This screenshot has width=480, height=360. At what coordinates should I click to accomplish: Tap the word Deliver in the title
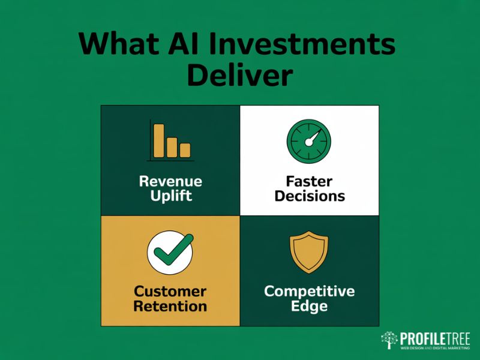pyautogui.click(x=240, y=76)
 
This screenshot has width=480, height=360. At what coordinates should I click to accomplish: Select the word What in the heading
pyautogui.click(x=118, y=45)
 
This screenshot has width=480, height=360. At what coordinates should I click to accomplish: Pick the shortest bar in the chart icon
pyautogui.click(x=185, y=150)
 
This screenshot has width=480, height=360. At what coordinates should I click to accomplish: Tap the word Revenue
pyautogui.click(x=170, y=181)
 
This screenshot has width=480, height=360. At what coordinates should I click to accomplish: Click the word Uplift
pyautogui.click(x=170, y=196)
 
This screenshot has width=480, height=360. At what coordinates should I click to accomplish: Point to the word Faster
pyautogui.click(x=309, y=181)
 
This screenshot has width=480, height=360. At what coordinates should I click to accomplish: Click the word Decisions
pyautogui.click(x=309, y=196)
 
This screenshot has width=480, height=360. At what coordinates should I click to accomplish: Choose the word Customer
pyautogui.click(x=170, y=292)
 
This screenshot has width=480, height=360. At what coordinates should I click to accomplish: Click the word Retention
pyautogui.click(x=170, y=307)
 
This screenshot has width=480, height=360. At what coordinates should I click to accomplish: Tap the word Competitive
pyautogui.click(x=309, y=292)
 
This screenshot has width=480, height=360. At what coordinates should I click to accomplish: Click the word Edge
pyautogui.click(x=309, y=307)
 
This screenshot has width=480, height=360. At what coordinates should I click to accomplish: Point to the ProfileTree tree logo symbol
pyautogui.click(x=390, y=340)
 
